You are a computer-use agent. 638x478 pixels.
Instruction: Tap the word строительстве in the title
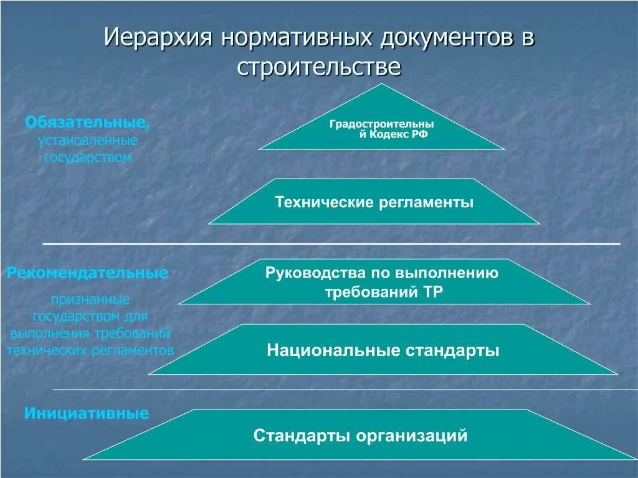click(x=318, y=67)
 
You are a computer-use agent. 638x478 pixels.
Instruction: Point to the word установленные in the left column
click(x=87, y=141)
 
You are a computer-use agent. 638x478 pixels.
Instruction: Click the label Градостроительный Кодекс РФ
click(x=381, y=129)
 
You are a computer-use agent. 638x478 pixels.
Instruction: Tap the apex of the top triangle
click(x=382, y=85)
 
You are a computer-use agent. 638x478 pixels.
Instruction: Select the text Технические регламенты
click(x=374, y=202)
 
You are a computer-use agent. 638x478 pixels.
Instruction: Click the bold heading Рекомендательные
click(x=87, y=273)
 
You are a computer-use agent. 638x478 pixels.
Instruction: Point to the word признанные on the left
click(x=90, y=299)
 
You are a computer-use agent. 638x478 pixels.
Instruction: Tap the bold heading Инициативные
click(x=87, y=413)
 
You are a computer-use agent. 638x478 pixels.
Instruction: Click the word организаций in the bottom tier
click(x=412, y=436)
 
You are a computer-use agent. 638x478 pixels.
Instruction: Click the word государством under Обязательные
click(x=88, y=157)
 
